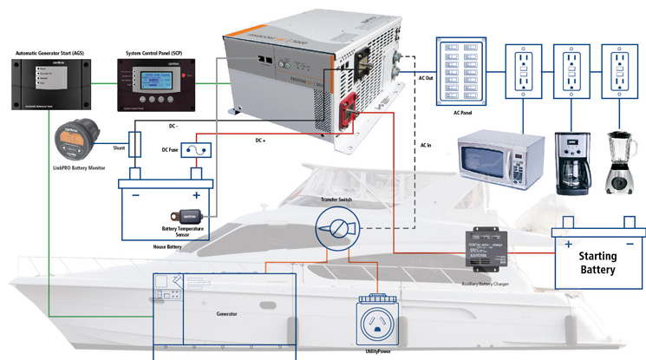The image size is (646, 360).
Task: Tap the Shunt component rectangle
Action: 135,144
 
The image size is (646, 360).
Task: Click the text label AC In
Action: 427,145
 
